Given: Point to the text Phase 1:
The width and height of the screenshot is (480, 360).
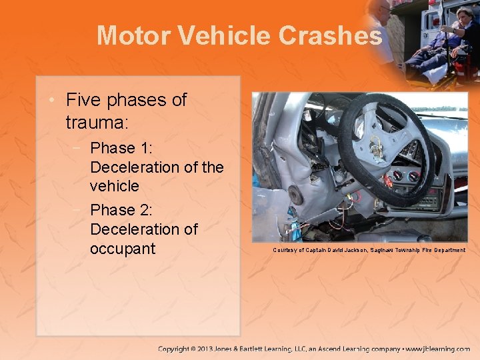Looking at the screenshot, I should click(122, 147).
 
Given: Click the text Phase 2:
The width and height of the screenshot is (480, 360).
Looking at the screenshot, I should click(122, 210).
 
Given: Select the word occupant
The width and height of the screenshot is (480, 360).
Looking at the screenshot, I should click(123, 249).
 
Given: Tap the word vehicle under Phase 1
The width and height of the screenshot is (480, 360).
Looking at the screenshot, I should click(115, 186).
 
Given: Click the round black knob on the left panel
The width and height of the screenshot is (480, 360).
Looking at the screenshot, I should click(295, 194).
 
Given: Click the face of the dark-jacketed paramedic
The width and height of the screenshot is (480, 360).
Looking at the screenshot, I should click(464, 15).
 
